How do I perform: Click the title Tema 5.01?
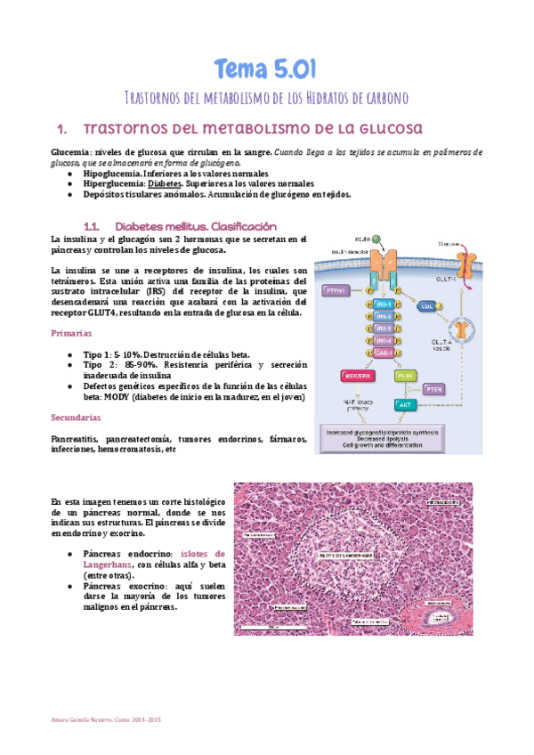click(266, 69)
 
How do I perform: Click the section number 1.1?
click(94, 226)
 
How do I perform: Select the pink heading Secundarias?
click(78, 417)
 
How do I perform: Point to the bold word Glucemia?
click(70, 152)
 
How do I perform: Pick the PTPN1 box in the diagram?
click(337, 289)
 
